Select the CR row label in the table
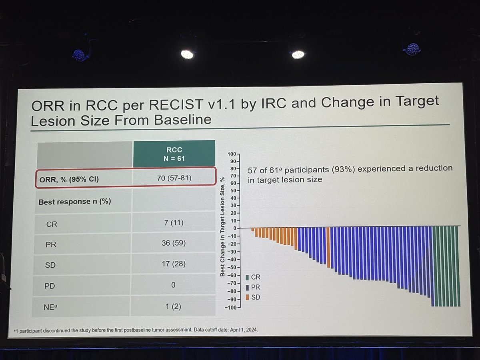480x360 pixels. coord(52,224)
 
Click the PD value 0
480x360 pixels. coord(173,285)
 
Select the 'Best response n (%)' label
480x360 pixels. coord(74,202)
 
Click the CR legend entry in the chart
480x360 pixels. coord(253,277)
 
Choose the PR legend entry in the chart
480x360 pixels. coord(253,287)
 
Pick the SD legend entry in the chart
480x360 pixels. coord(253,298)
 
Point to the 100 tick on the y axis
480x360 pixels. coord(232,154)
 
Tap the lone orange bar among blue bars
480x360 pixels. coord(328,247)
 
